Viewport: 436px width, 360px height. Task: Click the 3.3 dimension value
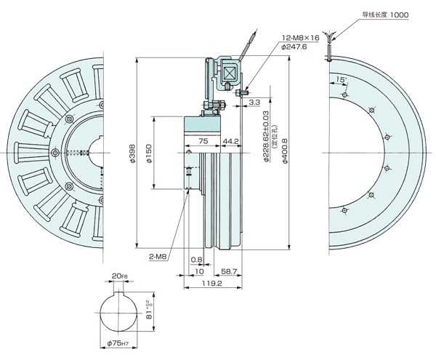(254, 103)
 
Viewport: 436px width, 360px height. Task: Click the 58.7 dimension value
(229, 271)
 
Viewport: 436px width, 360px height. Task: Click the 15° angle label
(342, 77)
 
